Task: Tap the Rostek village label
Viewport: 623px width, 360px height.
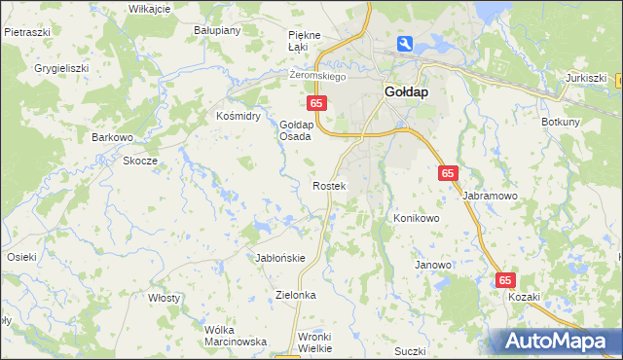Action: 328,185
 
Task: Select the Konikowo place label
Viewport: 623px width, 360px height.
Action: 417,218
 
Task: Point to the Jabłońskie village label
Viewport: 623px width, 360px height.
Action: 280,258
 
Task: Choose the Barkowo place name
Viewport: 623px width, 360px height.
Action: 112,137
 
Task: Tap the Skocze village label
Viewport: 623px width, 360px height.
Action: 140,161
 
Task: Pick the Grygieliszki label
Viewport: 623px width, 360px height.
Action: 61,69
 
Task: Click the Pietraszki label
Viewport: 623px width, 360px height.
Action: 26,31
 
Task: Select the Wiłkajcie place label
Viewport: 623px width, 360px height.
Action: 150,8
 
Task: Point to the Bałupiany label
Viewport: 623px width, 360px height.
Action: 216,30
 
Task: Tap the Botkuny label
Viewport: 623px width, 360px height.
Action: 561,122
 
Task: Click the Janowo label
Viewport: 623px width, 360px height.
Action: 433,265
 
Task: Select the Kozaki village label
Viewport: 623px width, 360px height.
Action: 524,297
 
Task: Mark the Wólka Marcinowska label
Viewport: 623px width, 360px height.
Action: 236,336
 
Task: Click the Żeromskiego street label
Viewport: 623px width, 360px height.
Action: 318,76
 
